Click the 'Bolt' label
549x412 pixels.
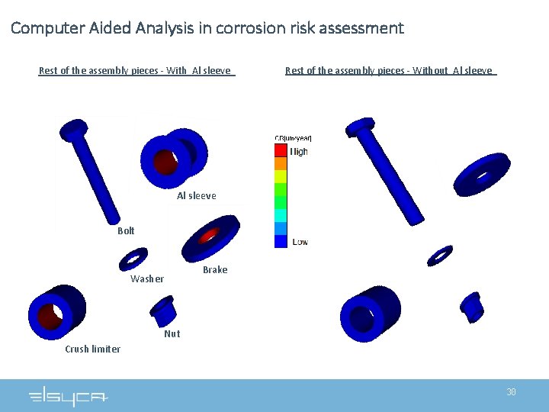[126, 230]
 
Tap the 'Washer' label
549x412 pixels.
[146, 278]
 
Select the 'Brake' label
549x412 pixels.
[215, 269]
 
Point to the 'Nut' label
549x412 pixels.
[172, 333]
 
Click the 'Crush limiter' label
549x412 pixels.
[92, 349]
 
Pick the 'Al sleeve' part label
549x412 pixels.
[197, 195]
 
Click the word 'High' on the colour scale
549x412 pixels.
[299, 151]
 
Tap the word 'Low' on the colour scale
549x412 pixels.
[300, 242]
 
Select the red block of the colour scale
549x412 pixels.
[281, 150]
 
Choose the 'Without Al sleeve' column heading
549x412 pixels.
[390, 71]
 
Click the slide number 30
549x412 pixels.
[511, 391]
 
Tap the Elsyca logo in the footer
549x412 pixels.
[68, 397]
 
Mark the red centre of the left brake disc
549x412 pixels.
[208, 237]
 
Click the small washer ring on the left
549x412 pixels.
[133, 259]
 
